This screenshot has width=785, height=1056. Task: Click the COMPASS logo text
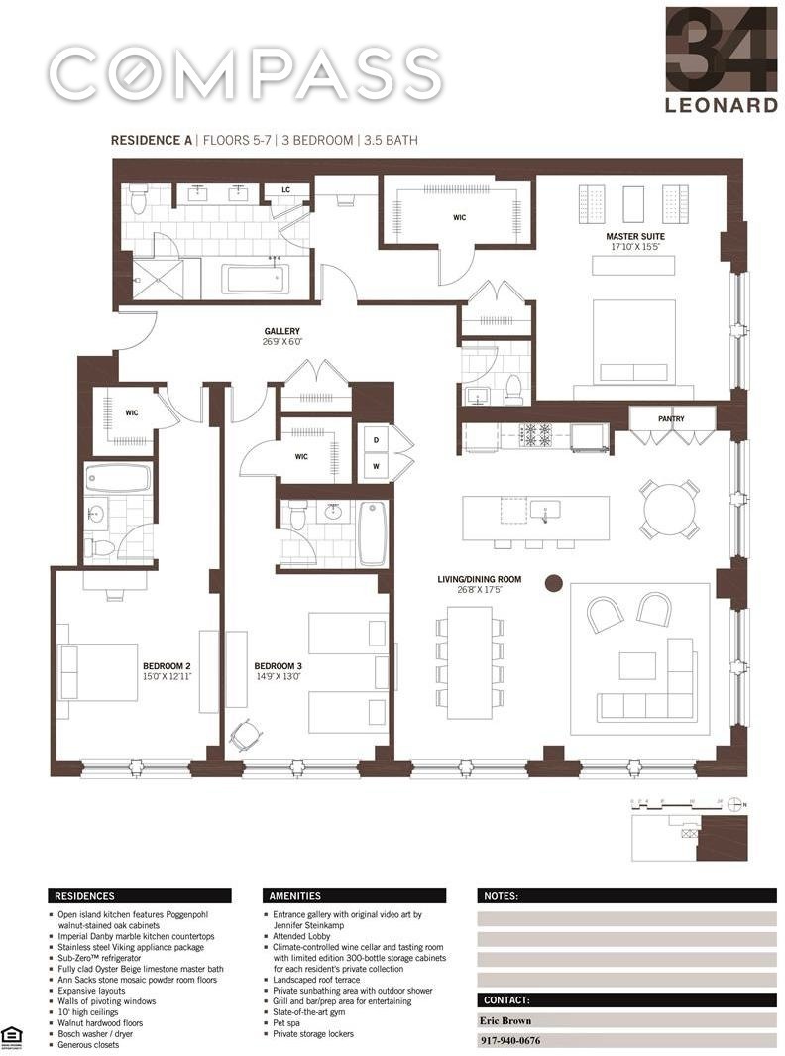245,72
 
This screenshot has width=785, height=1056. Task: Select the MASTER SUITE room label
634,237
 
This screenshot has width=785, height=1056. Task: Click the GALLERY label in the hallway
281,332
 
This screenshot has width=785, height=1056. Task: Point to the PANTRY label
671,419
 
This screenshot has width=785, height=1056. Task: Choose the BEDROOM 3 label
278,665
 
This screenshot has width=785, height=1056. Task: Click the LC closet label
285,189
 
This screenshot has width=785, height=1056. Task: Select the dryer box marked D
376,438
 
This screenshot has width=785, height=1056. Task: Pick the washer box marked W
376,464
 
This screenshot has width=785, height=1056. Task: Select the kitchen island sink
544,510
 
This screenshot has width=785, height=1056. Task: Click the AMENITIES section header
294,895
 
